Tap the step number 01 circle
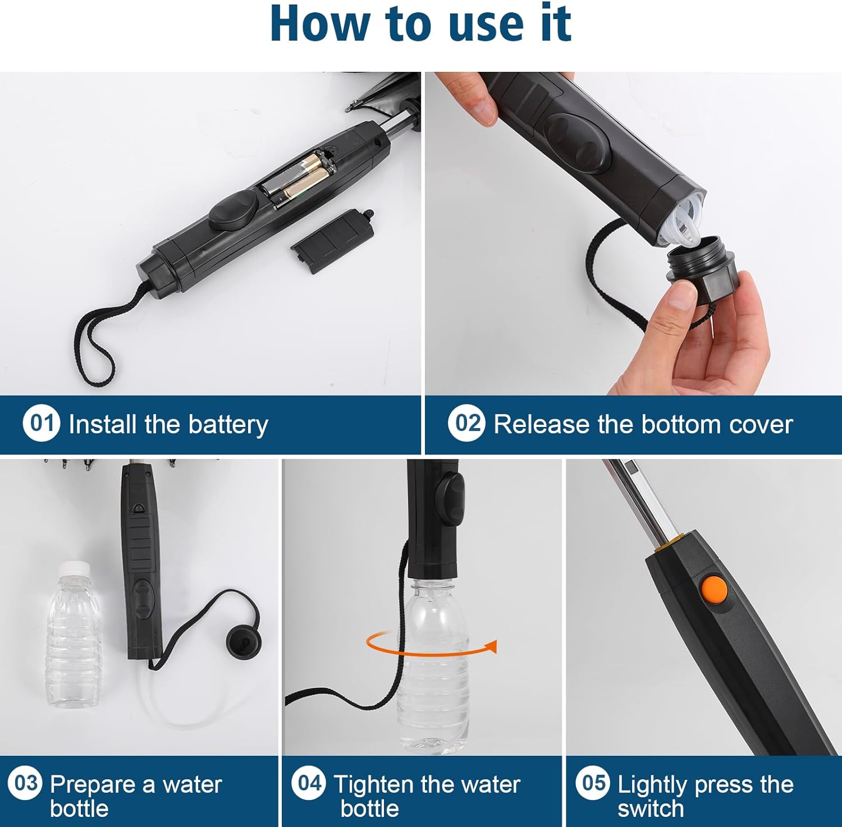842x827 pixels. [x=41, y=423]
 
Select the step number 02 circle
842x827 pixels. [x=466, y=423]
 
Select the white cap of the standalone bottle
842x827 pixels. [x=75, y=568]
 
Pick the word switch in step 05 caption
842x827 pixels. [x=651, y=808]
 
